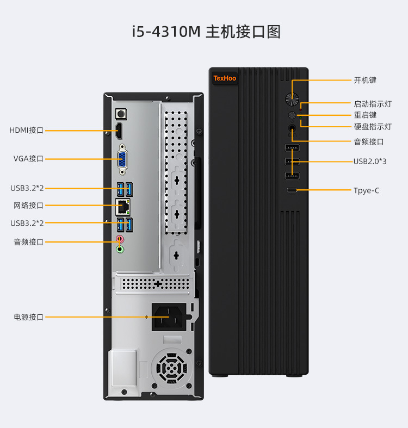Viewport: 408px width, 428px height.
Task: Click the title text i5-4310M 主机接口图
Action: click(206, 32)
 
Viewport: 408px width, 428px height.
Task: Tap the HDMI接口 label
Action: click(26, 131)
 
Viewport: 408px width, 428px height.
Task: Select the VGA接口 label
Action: click(28, 159)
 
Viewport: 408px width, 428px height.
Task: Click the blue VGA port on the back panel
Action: click(123, 159)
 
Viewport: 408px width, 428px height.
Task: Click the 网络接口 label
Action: click(28, 206)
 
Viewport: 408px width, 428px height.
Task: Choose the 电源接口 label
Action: click(28, 317)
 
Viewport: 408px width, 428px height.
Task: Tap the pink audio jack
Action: click(120, 239)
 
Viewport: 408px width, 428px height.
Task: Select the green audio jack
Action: click(120, 249)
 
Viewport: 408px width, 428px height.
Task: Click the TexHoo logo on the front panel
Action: click(225, 79)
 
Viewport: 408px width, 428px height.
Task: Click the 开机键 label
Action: click(365, 80)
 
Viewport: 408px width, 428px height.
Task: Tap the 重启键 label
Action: click(365, 115)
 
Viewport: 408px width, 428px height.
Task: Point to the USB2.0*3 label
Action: click(370, 161)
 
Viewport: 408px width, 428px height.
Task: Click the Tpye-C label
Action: click(366, 190)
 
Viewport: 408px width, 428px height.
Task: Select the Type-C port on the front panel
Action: click(292, 190)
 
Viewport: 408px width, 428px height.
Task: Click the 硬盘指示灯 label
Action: click(373, 127)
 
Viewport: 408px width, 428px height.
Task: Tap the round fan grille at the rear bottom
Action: click(171, 368)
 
